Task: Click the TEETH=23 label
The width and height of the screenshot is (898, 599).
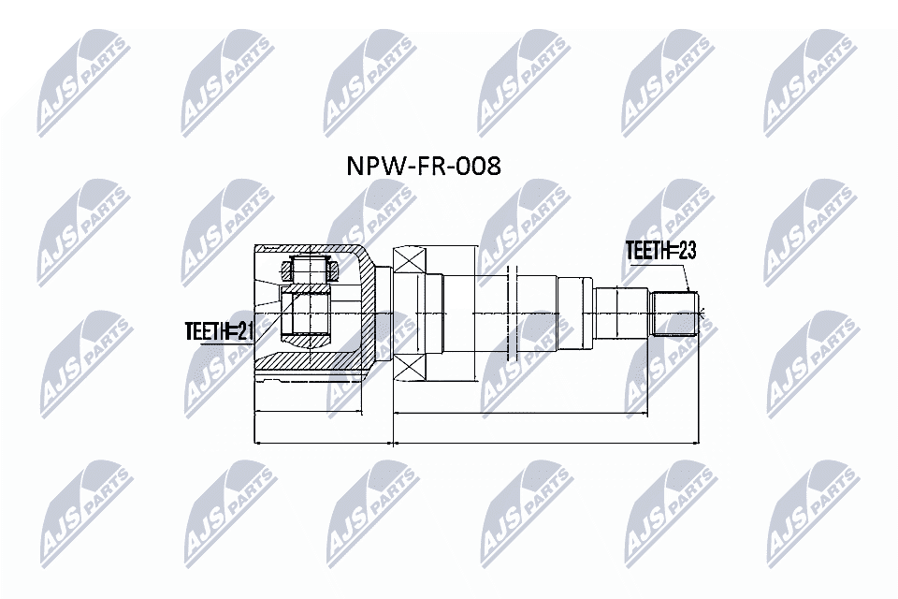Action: [x=661, y=251]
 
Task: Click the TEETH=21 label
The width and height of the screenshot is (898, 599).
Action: [x=220, y=329]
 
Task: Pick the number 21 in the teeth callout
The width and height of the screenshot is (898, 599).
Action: [x=245, y=329]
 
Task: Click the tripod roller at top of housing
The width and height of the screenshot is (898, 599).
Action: [x=309, y=270]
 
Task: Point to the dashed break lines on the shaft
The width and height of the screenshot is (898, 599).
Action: [x=511, y=314]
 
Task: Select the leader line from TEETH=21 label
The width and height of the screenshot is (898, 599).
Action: [x=268, y=322]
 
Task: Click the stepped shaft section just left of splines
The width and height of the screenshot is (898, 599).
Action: [x=621, y=314]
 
